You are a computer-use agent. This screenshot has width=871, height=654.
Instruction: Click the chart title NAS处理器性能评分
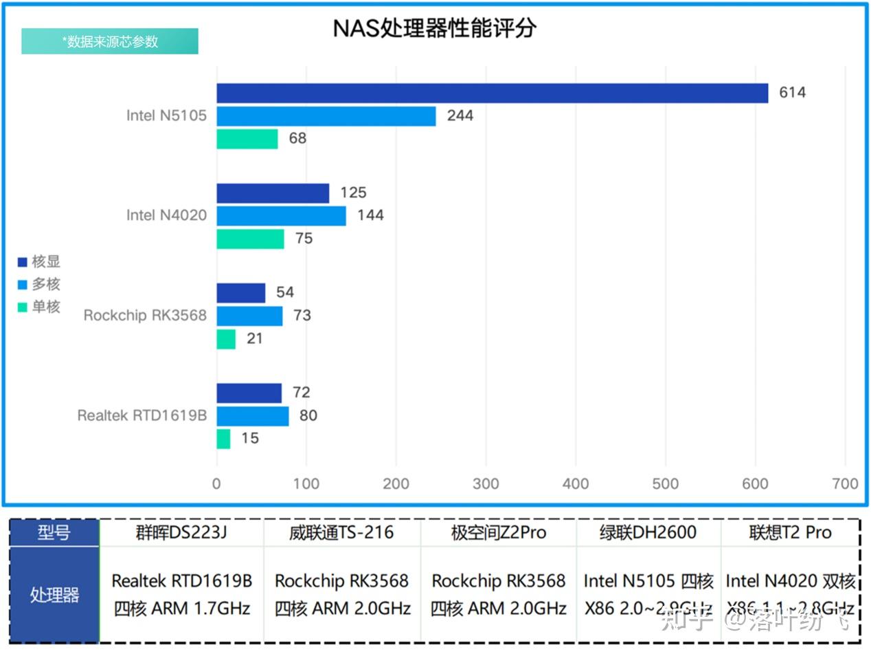[x=434, y=28]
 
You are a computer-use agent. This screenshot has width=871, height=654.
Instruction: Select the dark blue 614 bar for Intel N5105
[x=492, y=93]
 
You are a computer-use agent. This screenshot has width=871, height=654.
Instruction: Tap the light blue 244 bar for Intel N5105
[x=326, y=116]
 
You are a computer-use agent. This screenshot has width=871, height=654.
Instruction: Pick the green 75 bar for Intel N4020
[x=250, y=239]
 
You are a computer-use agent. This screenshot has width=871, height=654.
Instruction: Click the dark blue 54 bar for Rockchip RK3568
[x=240, y=293]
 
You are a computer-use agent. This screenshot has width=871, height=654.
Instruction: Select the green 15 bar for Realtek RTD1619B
[x=224, y=439]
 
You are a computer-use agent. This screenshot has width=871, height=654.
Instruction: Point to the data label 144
[x=370, y=216]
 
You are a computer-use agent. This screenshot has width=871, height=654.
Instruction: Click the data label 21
[x=255, y=339]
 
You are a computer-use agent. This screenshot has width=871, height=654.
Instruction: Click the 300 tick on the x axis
[x=486, y=484]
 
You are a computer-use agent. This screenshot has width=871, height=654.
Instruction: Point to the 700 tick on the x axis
[x=844, y=484]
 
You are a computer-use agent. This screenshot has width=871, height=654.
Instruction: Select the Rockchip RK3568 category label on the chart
[x=145, y=316]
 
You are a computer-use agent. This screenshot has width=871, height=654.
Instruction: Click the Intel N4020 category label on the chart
[x=166, y=215]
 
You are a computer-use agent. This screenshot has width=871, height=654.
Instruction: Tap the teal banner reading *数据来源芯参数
[x=110, y=41]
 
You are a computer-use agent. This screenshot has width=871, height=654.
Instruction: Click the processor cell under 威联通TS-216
[x=342, y=595]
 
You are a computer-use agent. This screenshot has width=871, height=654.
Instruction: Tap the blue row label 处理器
[x=54, y=595]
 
